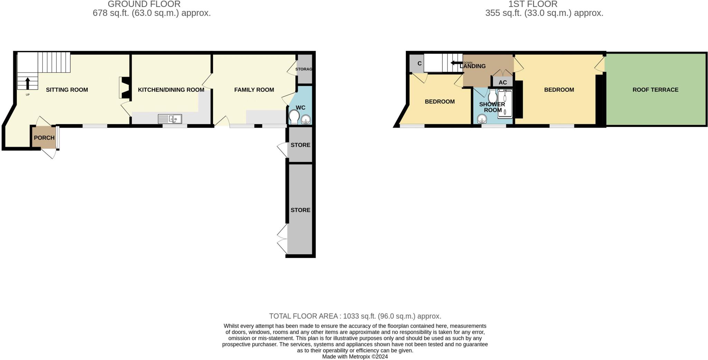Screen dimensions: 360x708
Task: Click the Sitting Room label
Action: [x=67, y=90]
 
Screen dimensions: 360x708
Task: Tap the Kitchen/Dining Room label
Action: [x=171, y=90]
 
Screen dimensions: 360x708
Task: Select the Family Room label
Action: [x=254, y=90]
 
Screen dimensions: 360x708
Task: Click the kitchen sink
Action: [x=170, y=119]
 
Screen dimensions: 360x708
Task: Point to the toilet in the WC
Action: [x=294, y=117]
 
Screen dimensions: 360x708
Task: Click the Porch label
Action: [x=44, y=138]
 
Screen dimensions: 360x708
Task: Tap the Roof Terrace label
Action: [x=655, y=90]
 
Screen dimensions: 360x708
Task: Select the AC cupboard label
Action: [x=502, y=82]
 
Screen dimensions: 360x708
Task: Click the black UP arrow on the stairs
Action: [x=28, y=84]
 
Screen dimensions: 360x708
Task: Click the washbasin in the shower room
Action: [x=482, y=120]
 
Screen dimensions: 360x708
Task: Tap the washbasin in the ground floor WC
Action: [x=306, y=120]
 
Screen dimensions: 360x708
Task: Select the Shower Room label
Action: [x=492, y=107]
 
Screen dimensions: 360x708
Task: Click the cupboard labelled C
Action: [x=419, y=64]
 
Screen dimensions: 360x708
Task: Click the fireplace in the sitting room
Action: [x=123, y=88]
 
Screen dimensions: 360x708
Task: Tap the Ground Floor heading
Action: [x=144, y=4]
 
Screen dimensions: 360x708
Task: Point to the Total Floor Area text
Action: [x=355, y=316]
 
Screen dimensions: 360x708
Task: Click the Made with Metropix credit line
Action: [x=355, y=357]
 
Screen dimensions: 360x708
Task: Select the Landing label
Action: [x=473, y=66]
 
